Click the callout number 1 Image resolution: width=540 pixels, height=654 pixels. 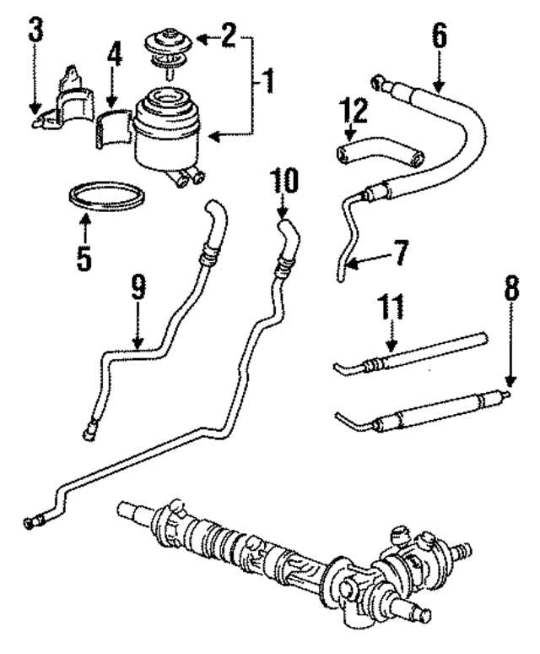point(267,82)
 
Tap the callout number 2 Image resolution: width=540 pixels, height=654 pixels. point(229,38)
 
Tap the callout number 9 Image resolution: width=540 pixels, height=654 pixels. point(138,289)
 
